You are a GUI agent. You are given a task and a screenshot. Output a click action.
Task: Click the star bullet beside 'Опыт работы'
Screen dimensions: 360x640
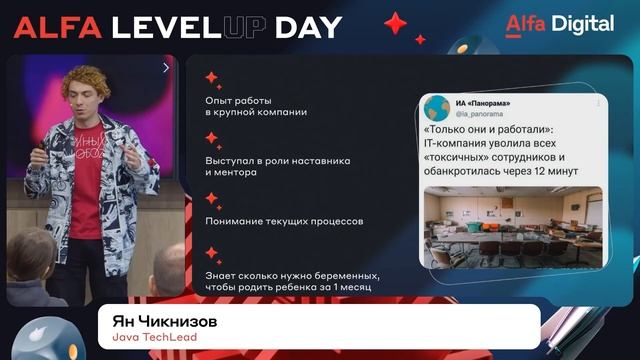coord(212,77)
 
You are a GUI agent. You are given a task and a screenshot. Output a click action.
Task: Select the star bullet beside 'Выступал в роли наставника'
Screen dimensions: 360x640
coord(212,137)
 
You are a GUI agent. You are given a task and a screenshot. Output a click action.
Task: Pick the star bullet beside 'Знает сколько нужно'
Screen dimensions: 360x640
coord(212,254)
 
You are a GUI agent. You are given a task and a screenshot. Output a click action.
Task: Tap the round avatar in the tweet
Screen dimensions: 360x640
coord(436,107)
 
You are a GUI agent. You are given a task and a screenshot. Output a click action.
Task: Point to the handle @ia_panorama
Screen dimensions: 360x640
coord(477,114)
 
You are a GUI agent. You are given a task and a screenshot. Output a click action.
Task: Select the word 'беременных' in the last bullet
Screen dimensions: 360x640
coord(343,275)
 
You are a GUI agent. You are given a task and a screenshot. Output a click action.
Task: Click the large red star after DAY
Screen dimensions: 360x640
coord(396,23)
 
